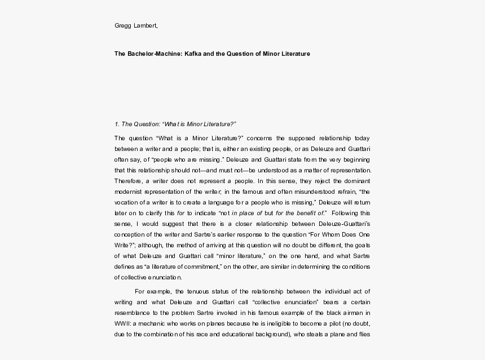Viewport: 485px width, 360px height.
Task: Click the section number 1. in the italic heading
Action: (116, 125)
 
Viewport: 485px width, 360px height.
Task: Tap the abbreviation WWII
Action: (122, 322)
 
